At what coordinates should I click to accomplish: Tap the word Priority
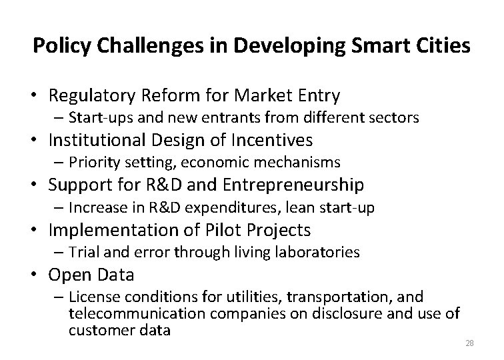[x=93, y=163]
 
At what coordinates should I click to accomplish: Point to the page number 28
[x=468, y=343]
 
